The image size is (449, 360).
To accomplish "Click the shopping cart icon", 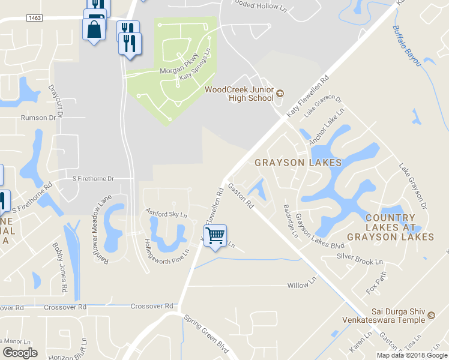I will coord(215,235).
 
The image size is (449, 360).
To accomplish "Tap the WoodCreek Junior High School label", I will coord(239,94).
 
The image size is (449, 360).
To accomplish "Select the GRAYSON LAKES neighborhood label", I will coord(298,163).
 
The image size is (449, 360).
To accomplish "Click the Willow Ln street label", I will coord(301,283).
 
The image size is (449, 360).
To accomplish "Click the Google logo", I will coord(20,353).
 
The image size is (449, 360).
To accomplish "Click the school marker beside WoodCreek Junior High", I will coord(280,94).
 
